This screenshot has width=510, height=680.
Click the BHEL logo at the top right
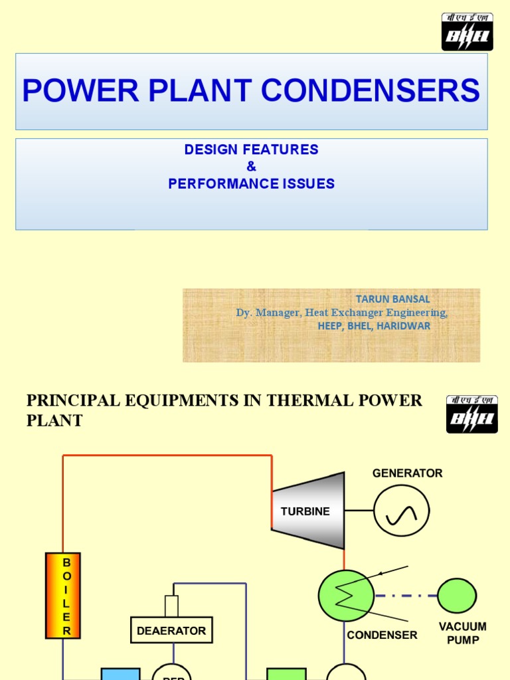467,31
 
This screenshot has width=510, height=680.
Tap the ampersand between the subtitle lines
251,167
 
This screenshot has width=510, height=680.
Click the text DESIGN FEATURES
251,150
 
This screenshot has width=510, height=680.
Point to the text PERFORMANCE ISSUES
251,184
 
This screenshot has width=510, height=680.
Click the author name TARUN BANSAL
392,299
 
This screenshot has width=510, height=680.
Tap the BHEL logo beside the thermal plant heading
471,414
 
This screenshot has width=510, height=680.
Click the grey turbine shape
307,511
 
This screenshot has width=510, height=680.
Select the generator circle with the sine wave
401,511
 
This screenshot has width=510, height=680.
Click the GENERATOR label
407,473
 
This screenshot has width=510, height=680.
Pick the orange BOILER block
63,595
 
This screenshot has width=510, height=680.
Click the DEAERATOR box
171,630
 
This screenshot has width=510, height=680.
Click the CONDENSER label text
382,636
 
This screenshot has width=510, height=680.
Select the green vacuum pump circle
457,596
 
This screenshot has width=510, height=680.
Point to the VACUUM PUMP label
462,633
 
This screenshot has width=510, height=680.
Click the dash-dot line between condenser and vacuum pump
405,596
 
